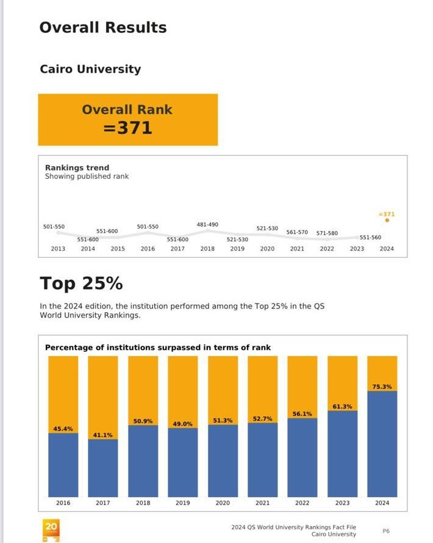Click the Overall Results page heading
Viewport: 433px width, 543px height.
[102, 27]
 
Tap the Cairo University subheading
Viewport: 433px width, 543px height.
[90, 69]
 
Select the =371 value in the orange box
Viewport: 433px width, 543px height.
[127, 128]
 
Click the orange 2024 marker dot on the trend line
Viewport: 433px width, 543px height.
[387, 220]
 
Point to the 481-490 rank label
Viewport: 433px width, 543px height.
[207, 225]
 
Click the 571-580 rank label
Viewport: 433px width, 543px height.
[327, 233]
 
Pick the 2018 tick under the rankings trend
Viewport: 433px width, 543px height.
[207, 249]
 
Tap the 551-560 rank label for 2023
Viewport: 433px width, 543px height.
[370, 238]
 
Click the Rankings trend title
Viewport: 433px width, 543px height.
[77, 167]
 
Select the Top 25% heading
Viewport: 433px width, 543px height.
[81, 284]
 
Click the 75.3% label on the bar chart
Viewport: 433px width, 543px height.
[382, 387]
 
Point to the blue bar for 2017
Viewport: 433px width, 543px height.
[102, 467]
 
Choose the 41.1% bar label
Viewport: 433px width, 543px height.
[102, 435]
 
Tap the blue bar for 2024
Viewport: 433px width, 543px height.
[382, 443]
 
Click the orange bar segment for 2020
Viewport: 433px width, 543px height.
[223, 385]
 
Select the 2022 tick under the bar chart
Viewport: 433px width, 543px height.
[302, 503]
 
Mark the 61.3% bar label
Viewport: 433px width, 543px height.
[342, 406]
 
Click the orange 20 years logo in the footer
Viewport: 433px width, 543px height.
[51, 529]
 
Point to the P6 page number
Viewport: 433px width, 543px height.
[386, 531]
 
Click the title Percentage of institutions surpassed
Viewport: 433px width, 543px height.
[158, 348]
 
